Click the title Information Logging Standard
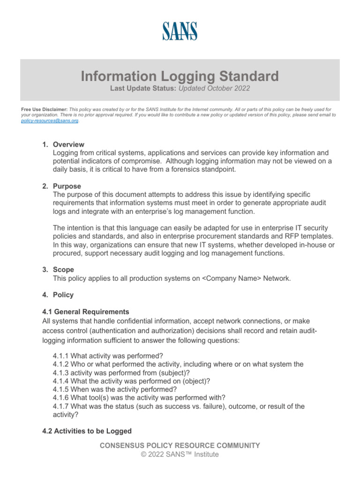click(x=180, y=76)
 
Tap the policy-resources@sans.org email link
click(x=50, y=120)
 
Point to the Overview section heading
click(x=68, y=144)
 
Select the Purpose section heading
click(x=67, y=186)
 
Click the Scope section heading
click(x=64, y=270)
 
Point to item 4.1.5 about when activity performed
click(x=115, y=389)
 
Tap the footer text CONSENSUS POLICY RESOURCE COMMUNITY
click(x=180, y=445)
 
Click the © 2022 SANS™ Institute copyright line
click(x=180, y=454)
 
